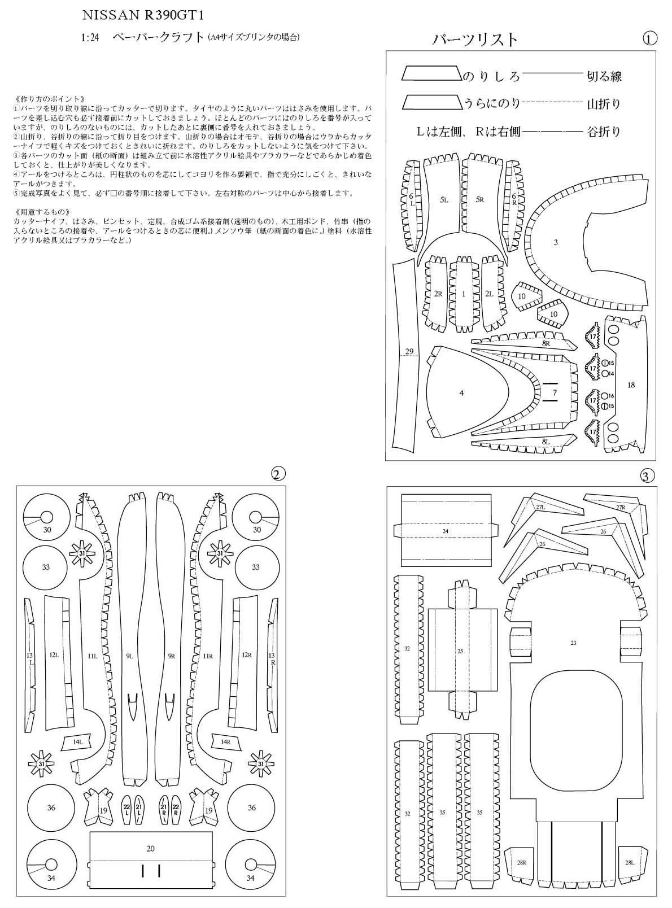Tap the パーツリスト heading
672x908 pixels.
(x=475, y=39)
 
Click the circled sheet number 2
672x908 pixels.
(x=277, y=474)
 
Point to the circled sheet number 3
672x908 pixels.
(x=648, y=476)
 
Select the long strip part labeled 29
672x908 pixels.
(x=409, y=351)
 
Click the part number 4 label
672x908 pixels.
(x=462, y=392)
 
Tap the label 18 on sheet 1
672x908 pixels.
(x=631, y=385)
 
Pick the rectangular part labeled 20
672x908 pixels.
(x=150, y=848)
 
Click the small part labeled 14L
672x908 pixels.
(x=77, y=741)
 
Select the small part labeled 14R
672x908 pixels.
(x=226, y=741)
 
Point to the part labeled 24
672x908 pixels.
(x=446, y=531)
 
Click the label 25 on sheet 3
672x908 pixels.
(x=460, y=651)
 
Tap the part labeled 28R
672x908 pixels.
(x=521, y=862)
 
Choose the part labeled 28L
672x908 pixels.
(x=630, y=862)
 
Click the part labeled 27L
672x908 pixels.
(x=540, y=507)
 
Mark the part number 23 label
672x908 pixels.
(x=574, y=643)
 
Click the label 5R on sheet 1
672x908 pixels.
(x=480, y=199)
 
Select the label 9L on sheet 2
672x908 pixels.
(x=129, y=656)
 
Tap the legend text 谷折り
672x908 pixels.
(x=604, y=132)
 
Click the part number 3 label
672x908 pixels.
(x=556, y=242)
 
